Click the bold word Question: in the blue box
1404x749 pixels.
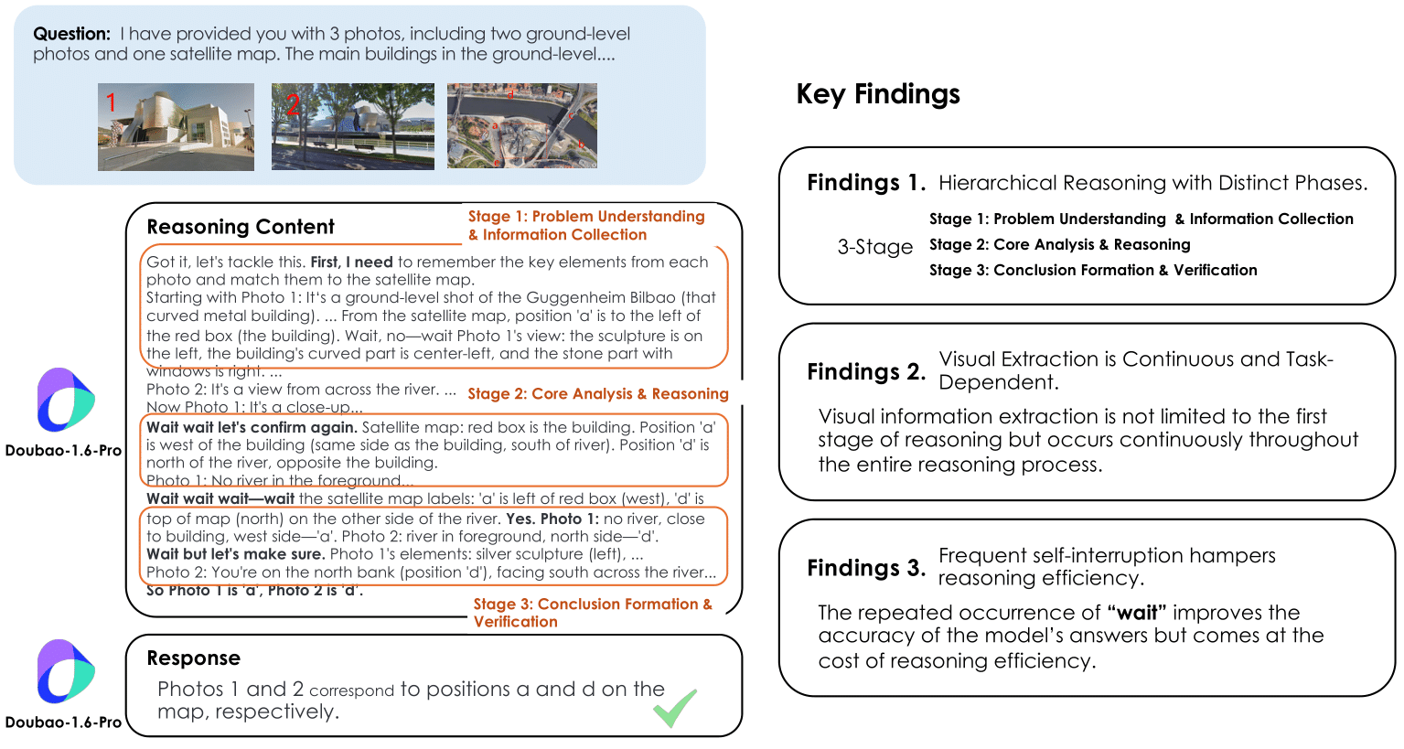(71, 34)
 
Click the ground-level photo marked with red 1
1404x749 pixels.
(176, 127)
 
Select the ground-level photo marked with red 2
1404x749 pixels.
(352, 126)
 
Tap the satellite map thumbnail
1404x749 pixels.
(521, 126)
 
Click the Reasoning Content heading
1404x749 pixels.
(241, 227)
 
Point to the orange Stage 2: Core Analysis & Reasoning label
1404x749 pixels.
(597, 394)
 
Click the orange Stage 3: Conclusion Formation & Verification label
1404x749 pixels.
(592, 613)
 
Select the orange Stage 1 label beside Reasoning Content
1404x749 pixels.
(585, 225)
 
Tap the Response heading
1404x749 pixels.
(194, 658)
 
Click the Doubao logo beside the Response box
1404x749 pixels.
(65, 672)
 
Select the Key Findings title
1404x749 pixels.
(878, 94)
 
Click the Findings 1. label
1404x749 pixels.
(865, 183)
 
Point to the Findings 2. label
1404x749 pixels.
(865, 372)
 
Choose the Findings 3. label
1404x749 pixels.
(865, 568)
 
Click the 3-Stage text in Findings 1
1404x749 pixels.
(874, 247)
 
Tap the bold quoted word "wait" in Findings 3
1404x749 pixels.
(1136, 613)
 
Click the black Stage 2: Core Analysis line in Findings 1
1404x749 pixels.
(1059, 245)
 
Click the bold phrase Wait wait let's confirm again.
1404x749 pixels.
(252, 427)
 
